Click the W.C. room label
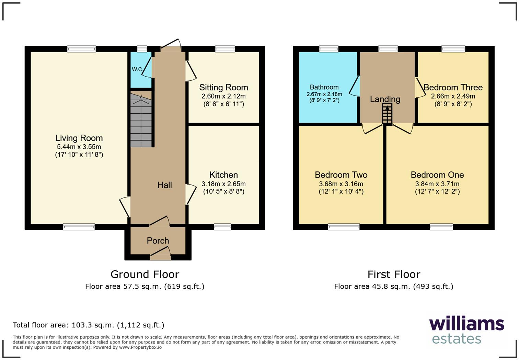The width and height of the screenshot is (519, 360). click(x=137, y=69)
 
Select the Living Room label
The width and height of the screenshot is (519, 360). click(x=79, y=138)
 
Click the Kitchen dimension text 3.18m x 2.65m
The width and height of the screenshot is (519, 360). click(x=223, y=184)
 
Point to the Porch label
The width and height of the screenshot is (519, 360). click(x=158, y=240)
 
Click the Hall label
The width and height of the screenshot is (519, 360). click(x=164, y=185)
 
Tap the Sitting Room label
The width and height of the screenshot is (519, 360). click(x=223, y=88)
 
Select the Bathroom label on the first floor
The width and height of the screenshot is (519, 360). click(x=324, y=87)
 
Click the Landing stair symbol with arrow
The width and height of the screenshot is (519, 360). click(x=387, y=114)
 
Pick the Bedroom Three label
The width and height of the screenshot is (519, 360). click(x=453, y=88)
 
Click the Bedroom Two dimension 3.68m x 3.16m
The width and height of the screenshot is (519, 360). click(x=341, y=184)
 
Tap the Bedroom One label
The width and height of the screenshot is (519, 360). click(x=437, y=175)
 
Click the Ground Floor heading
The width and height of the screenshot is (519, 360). click(x=145, y=274)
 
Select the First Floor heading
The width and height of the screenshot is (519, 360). click(x=394, y=274)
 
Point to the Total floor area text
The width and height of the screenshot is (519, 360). click(x=89, y=325)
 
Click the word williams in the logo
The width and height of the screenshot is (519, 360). click(x=466, y=324)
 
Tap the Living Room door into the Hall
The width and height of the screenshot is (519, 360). click(x=125, y=206)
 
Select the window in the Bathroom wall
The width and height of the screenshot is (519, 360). click(x=328, y=49)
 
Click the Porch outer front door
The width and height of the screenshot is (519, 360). click(x=160, y=256)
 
